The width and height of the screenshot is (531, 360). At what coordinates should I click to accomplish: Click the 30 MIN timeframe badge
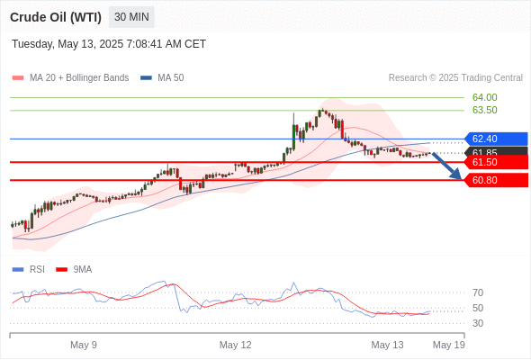point(131,17)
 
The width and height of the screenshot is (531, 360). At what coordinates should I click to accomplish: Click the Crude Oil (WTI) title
point(56,17)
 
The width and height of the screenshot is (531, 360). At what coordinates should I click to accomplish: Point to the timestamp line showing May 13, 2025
point(109,44)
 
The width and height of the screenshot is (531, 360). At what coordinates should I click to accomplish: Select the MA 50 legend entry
point(162,78)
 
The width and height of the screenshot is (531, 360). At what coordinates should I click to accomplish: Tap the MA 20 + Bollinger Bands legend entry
point(70,78)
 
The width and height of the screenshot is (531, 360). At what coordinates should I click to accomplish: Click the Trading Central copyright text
point(455,78)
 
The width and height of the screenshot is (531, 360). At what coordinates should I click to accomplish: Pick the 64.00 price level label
point(484,97)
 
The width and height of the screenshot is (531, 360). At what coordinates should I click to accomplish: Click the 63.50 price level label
point(484,110)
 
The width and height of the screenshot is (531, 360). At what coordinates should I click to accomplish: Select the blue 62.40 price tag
point(496,139)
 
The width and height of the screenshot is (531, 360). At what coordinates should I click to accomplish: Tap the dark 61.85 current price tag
point(497,152)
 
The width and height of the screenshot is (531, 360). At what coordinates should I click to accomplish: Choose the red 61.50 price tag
point(496,162)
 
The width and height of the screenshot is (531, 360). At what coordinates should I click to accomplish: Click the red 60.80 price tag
point(496,180)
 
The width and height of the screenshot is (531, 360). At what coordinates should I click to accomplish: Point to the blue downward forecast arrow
point(446,166)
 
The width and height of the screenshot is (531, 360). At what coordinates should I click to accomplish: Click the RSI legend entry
point(29,270)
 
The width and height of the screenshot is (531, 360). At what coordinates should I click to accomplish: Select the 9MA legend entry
point(74,270)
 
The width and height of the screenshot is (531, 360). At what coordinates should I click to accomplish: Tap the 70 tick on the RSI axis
point(478,292)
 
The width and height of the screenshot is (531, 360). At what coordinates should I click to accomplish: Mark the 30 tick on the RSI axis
point(478,323)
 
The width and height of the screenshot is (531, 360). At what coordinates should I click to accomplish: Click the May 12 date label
point(236,345)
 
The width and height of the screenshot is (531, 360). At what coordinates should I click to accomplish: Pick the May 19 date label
point(449,345)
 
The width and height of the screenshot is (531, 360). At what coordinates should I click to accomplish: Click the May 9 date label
point(84,345)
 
